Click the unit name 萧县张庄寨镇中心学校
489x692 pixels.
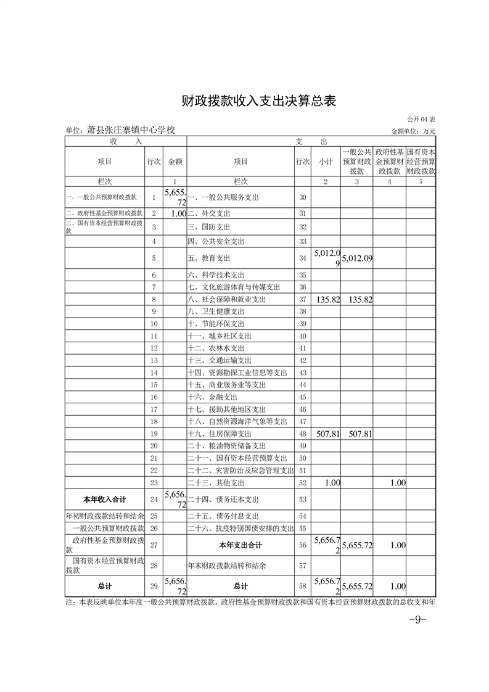tap(120, 130)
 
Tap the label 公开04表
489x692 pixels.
tap(421, 118)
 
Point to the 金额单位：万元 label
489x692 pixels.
tap(413, 131)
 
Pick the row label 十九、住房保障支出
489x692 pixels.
tap(218, 434)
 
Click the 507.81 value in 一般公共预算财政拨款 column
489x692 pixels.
tap(358, 434)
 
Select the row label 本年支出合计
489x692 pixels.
tap(240, 545)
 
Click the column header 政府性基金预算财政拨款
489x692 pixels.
tap(390, 161)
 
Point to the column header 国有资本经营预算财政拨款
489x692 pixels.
tap(421, 161)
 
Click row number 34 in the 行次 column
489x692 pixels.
tap(302, 258)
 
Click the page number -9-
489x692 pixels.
tap(418, 620)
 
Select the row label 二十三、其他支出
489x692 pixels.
tap(216, 483)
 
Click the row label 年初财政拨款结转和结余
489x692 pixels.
tap(105, 516)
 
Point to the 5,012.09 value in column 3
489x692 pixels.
tap(358, 258)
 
